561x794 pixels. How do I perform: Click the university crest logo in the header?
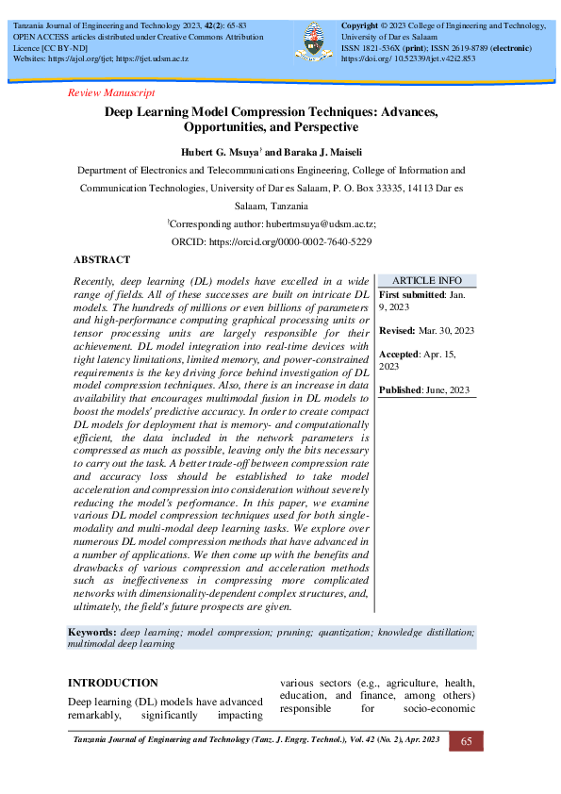[314, 39]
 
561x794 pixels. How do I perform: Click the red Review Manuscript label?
[112, 92]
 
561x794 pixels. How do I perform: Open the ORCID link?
[290, 242]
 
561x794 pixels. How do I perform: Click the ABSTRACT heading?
[101, 259]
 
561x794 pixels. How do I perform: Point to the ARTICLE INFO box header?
[426, 280]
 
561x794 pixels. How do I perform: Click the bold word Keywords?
[92, 631]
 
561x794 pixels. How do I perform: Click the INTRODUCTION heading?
[113, 682]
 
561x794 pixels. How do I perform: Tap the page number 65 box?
[466, 742]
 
